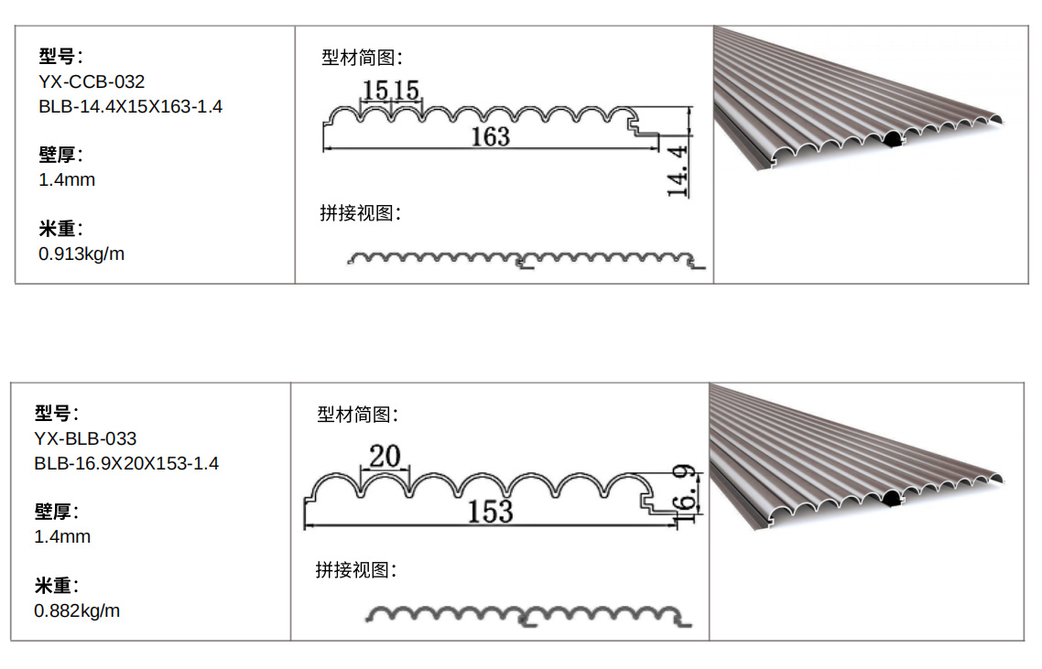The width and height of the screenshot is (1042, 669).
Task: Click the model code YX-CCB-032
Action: (x=92, y=82)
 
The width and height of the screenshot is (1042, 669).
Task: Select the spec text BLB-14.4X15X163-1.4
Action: (x=130, y=107)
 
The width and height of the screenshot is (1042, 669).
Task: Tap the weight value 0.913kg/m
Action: (x=81, y=254)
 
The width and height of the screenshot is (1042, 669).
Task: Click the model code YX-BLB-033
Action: (x=85, y=439)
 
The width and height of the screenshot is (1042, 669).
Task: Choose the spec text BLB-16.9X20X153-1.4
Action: (x=126, y=464)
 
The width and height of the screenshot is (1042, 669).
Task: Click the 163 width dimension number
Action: (x=490, y=137)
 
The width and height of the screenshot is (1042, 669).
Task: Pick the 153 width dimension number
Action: (x=490, y=512)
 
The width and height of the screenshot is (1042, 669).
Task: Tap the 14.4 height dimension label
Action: (x=678, y=170)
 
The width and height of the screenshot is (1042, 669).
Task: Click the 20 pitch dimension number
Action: (x=385, y=455)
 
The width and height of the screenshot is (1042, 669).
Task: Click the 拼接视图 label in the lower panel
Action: (x=356, y=570)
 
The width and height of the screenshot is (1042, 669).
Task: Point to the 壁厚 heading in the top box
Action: (x=60, y=155)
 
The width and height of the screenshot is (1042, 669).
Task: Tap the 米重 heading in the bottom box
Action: (x=57, y=586)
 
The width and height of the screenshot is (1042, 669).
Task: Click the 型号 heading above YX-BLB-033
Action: (x=57, y=413)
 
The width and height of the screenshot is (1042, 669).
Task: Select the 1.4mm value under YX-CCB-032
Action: (x=67, y=180)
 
